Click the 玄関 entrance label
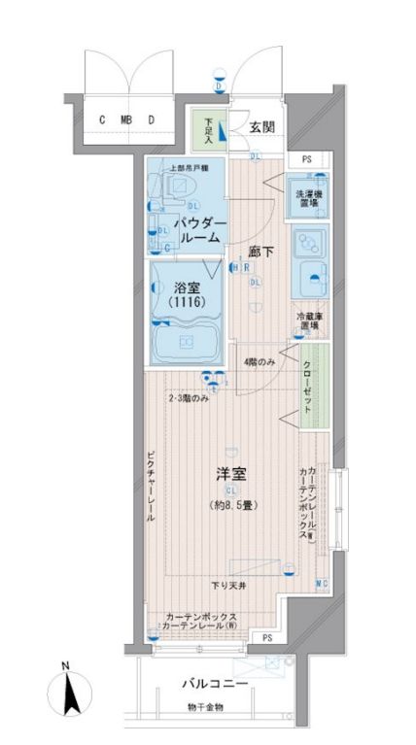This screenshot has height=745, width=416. point(261,127)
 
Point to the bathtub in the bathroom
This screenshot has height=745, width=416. point(187,343)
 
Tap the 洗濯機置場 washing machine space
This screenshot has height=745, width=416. point(310,198)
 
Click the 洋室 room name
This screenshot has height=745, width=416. point(230,475)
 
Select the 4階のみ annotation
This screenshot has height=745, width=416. point(260,363)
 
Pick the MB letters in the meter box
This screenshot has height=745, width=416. point(125,120)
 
